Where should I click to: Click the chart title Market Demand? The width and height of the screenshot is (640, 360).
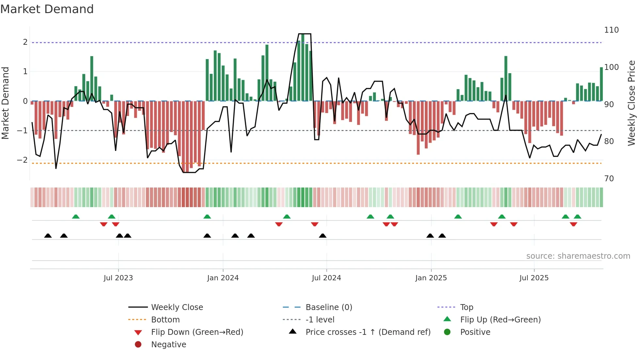47,9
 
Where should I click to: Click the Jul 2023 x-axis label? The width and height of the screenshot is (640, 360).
118,278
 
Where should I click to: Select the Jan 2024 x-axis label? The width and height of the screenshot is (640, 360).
223,278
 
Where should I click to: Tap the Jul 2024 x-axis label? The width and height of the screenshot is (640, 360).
326,278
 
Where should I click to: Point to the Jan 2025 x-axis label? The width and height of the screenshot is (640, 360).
431,278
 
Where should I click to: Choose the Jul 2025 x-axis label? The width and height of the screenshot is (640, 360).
534,278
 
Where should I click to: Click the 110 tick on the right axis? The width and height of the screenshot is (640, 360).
611,30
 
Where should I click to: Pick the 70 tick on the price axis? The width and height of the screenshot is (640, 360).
609,179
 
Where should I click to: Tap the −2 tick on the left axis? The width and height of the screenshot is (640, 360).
22,160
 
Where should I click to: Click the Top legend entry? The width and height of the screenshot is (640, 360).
467,307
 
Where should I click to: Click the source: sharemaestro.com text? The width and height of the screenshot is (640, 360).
578,256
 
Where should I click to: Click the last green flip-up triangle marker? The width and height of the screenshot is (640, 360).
577,217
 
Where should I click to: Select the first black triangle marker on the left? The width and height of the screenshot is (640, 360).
48,236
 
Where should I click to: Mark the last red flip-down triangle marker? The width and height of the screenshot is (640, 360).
573,224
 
